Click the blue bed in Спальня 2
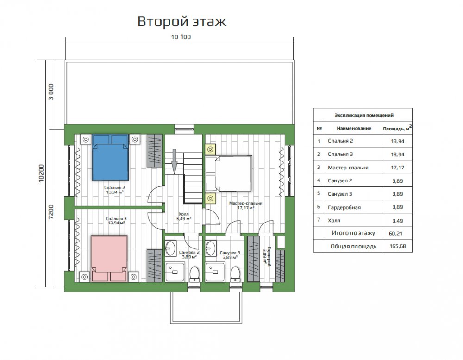coord(110,158)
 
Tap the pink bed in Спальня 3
coord(109,258)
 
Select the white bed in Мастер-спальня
coord(229,174)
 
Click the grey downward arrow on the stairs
coord(174,161)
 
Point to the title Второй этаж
coord(182,21)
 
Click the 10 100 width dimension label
coord(181,37)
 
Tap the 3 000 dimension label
coord(51,92)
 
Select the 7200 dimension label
coord(51,212)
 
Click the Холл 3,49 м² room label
coord(184,216)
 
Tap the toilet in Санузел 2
coord(194,274)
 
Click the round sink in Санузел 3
coord(211,248)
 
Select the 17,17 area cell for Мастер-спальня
coord(397,168)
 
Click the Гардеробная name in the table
coord(344,207)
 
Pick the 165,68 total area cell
coord(397,246)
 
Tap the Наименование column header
coord(354,128)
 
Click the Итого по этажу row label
coord(353,233)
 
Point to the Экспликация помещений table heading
coord(364,115)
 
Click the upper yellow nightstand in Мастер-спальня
coord(211,149)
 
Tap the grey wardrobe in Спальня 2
coord(155,150)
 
